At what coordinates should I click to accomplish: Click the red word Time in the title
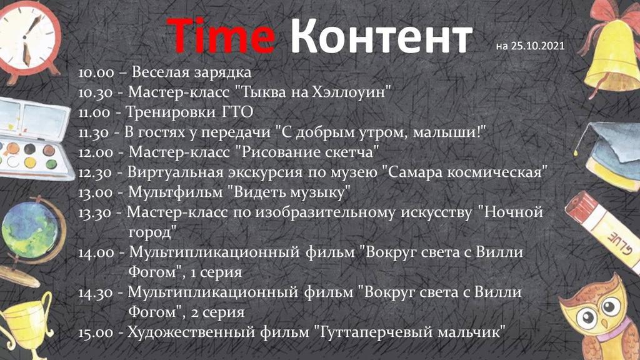point(221,35)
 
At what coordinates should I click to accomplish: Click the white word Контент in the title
point(381,36)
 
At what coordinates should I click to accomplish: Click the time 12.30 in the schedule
point(96,171)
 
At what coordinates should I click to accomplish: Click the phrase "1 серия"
point(216,272)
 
